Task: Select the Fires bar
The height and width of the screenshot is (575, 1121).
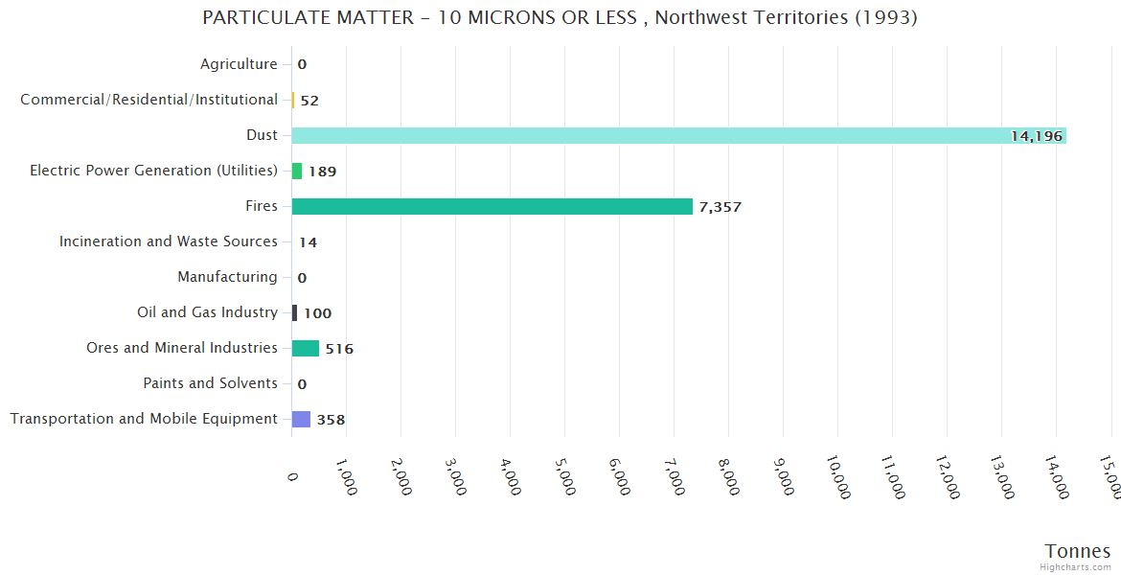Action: [492, 206]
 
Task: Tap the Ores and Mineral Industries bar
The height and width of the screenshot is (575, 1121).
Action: [306, 348]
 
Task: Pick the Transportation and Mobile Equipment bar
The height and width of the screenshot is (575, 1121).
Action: [301, 419]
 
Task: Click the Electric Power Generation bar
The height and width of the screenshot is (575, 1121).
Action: [297, 171]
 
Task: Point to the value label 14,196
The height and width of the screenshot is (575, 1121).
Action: [1037, 136]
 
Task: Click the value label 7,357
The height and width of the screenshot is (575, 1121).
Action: [721, 207]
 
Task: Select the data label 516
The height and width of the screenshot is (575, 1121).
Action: [339, 349]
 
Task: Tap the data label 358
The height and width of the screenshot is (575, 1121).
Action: [331, 420]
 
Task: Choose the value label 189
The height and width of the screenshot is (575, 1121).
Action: [322, 172]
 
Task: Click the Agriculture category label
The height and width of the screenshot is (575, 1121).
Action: [239, 64]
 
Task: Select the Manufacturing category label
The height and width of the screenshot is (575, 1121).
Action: [227, 277]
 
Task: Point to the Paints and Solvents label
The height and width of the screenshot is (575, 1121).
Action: [210, 383]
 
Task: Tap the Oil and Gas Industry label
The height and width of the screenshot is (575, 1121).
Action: [207, 312]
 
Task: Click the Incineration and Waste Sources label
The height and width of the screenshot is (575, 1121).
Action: [169, 241]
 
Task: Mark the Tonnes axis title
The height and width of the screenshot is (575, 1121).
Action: [1077, 551]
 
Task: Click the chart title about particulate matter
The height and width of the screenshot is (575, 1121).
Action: [560, 17]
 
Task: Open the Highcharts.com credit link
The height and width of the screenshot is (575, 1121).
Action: [1075, 567]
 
